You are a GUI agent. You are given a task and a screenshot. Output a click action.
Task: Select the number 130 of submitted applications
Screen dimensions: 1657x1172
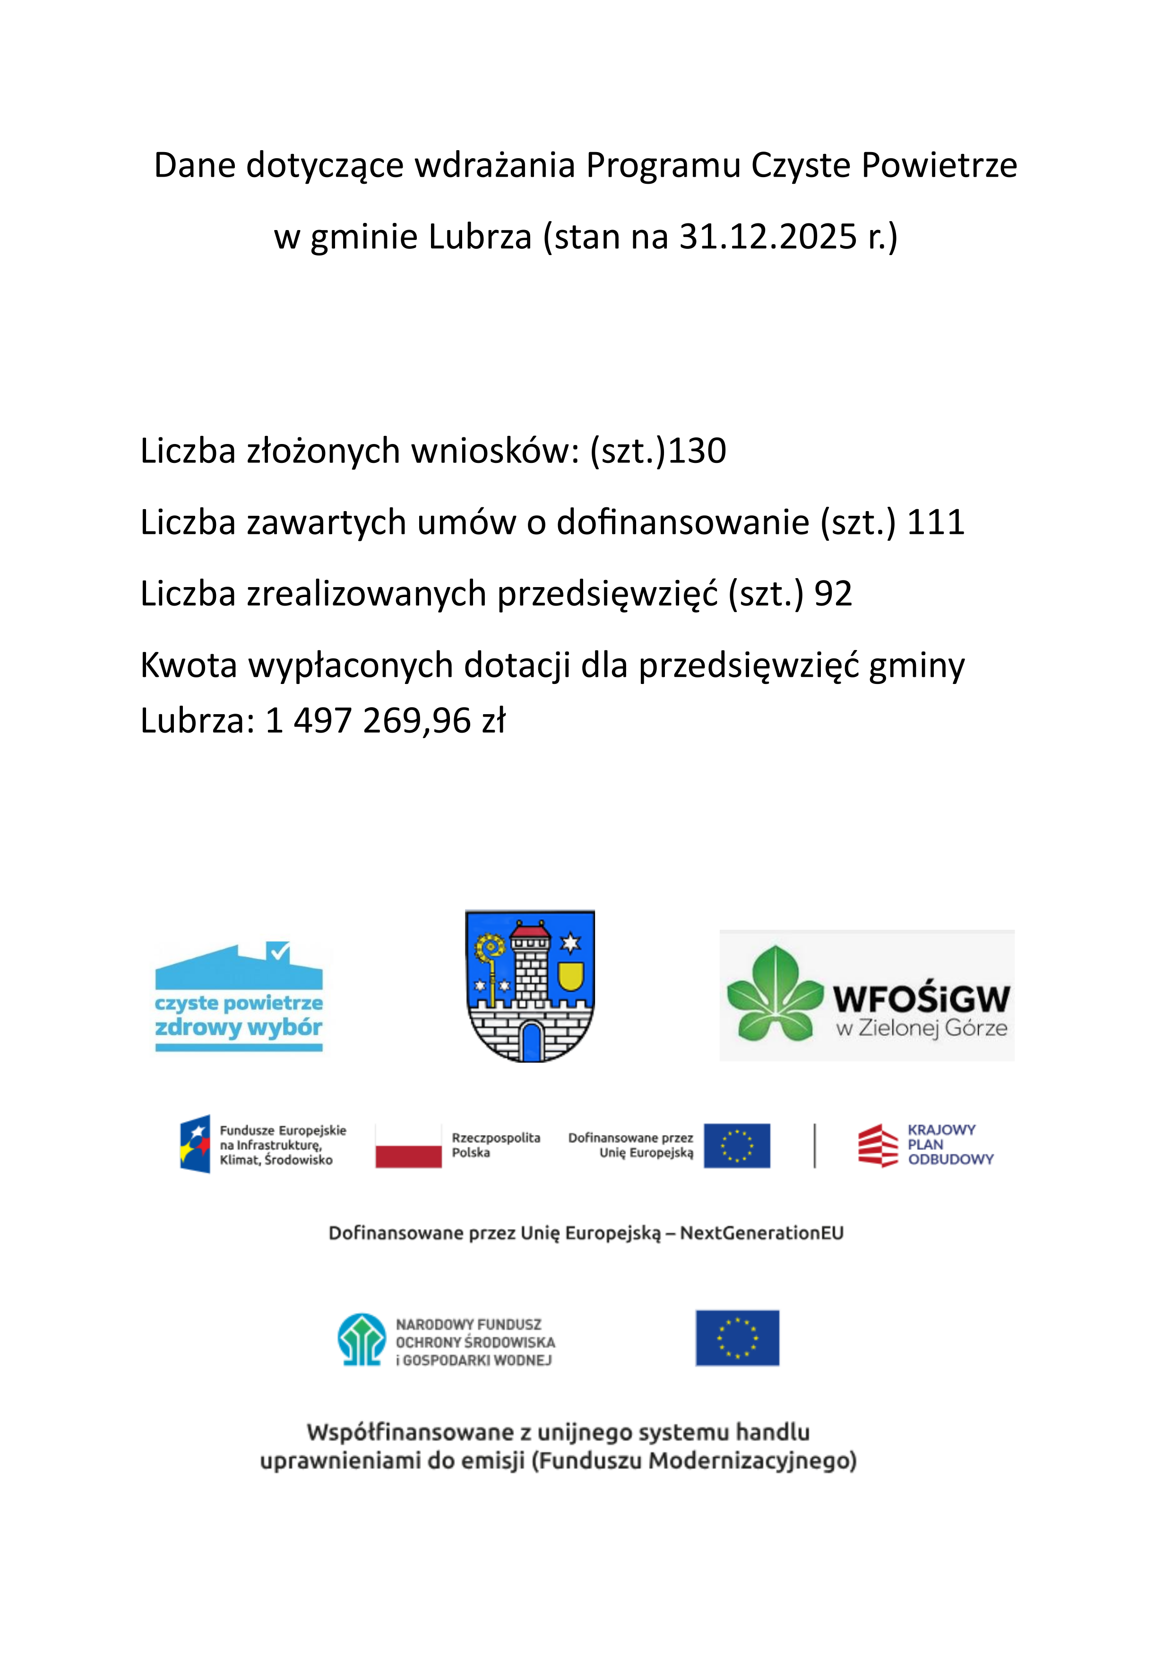pos(697,451)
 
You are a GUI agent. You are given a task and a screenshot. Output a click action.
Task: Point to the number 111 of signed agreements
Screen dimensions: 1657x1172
pos(935,522)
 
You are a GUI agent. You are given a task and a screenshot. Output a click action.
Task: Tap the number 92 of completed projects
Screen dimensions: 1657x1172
pos(833,594)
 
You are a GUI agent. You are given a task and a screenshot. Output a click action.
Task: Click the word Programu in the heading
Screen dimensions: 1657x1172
pos(663,165)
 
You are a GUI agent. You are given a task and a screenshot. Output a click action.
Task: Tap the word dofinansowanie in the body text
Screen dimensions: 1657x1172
pos(682,522)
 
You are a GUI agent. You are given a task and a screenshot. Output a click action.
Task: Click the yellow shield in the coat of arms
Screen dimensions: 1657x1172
pos(570,976)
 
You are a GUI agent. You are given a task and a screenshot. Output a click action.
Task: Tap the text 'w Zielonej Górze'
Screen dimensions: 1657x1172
pos(922,1028)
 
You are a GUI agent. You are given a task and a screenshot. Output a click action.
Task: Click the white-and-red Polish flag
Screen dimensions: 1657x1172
pos(408,1145)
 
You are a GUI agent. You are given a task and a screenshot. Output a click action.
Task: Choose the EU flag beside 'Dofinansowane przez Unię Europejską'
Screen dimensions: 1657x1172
pos(737,1145)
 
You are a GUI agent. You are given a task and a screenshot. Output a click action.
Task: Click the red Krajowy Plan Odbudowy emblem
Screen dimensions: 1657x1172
pos(878,1145)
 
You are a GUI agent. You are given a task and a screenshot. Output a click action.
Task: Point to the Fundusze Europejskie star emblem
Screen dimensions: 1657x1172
pos(195,1144)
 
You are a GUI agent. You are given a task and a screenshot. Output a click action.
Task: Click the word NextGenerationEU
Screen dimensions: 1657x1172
pos(761,1233)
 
